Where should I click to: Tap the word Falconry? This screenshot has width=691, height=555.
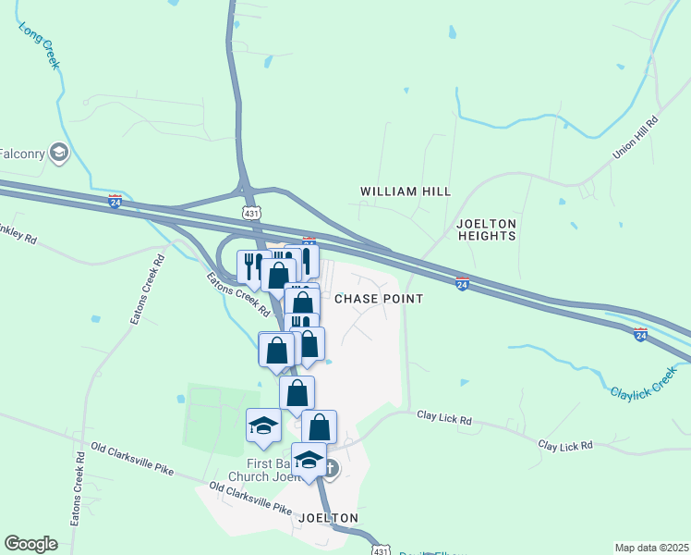[20, 153]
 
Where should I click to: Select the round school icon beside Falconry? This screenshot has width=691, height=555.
[60, 153]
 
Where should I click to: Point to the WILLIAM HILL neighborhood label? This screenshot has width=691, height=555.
[405, 191]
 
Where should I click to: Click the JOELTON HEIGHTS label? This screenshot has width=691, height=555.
[487, 230]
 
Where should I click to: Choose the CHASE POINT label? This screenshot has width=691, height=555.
[378, 299]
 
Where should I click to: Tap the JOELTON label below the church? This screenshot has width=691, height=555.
[328, 518]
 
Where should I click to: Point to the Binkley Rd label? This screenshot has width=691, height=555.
[18, 236]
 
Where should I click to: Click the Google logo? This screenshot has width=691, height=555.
[30, 543]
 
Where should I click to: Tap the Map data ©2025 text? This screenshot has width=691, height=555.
[651, 548]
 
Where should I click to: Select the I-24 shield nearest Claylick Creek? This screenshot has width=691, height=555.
[640, 334]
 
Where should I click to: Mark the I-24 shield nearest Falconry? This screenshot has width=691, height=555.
[115, 200]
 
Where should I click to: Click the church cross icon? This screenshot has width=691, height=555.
[331, 470]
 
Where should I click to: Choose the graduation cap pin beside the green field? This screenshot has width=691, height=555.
[263, 426]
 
